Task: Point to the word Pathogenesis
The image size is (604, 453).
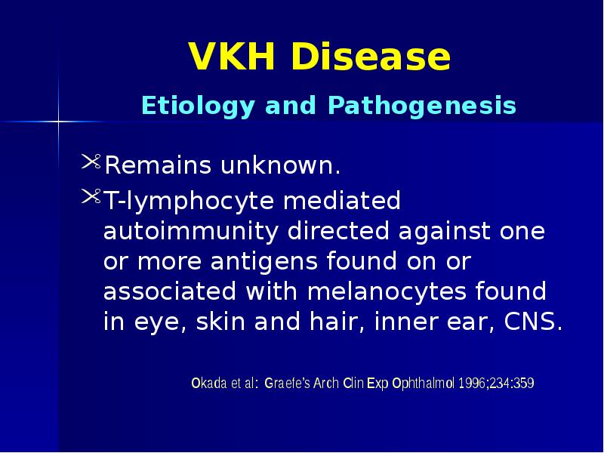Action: (422, 106)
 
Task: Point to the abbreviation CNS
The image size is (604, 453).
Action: (532, 322)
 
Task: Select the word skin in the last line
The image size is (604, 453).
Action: (223, 322)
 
